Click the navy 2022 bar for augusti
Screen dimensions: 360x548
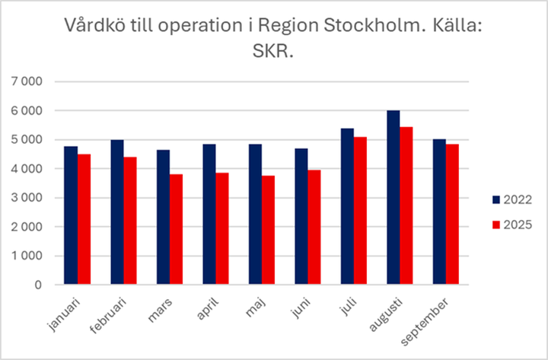pos(393,198)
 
